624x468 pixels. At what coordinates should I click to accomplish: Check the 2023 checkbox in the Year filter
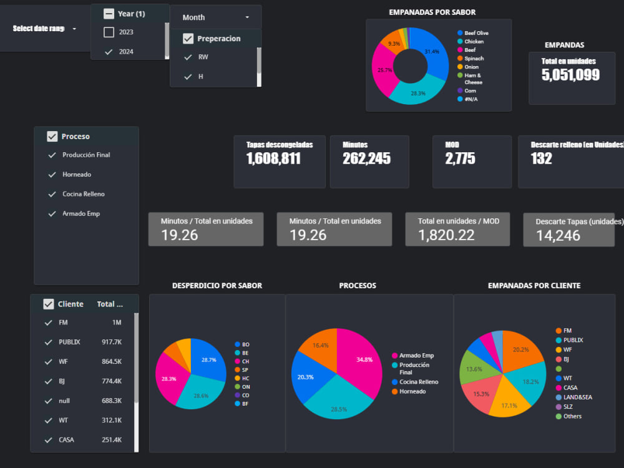coord(109,32)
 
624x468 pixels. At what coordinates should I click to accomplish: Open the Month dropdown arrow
coord(247,17)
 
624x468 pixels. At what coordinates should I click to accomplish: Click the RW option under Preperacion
coord(203,57)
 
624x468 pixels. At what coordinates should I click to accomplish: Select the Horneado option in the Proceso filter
coord(77,174)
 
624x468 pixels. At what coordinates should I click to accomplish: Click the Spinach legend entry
coord(474,59)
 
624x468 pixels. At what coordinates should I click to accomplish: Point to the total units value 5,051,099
coord(570,75)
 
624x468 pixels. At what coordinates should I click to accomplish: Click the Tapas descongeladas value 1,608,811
coord(273,158)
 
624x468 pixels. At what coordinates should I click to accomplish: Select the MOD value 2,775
coord(460,158)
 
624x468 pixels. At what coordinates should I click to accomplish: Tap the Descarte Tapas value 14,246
coord(558,236)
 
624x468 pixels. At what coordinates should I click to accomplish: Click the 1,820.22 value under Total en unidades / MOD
coord(446,235)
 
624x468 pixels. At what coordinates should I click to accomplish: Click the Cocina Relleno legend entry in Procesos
coord(419,382)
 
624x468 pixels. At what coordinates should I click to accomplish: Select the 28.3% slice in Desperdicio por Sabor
coord(169,378)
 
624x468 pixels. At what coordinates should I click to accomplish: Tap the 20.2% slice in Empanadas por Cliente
coord(520,350)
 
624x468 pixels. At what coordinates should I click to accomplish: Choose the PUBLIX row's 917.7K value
coord(112,342)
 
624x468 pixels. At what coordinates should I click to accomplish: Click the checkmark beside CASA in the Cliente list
coord(49,440)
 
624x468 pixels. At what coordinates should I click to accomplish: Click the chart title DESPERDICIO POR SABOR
coord(217,286)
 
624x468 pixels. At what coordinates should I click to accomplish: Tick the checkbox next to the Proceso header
coord(52,137)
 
